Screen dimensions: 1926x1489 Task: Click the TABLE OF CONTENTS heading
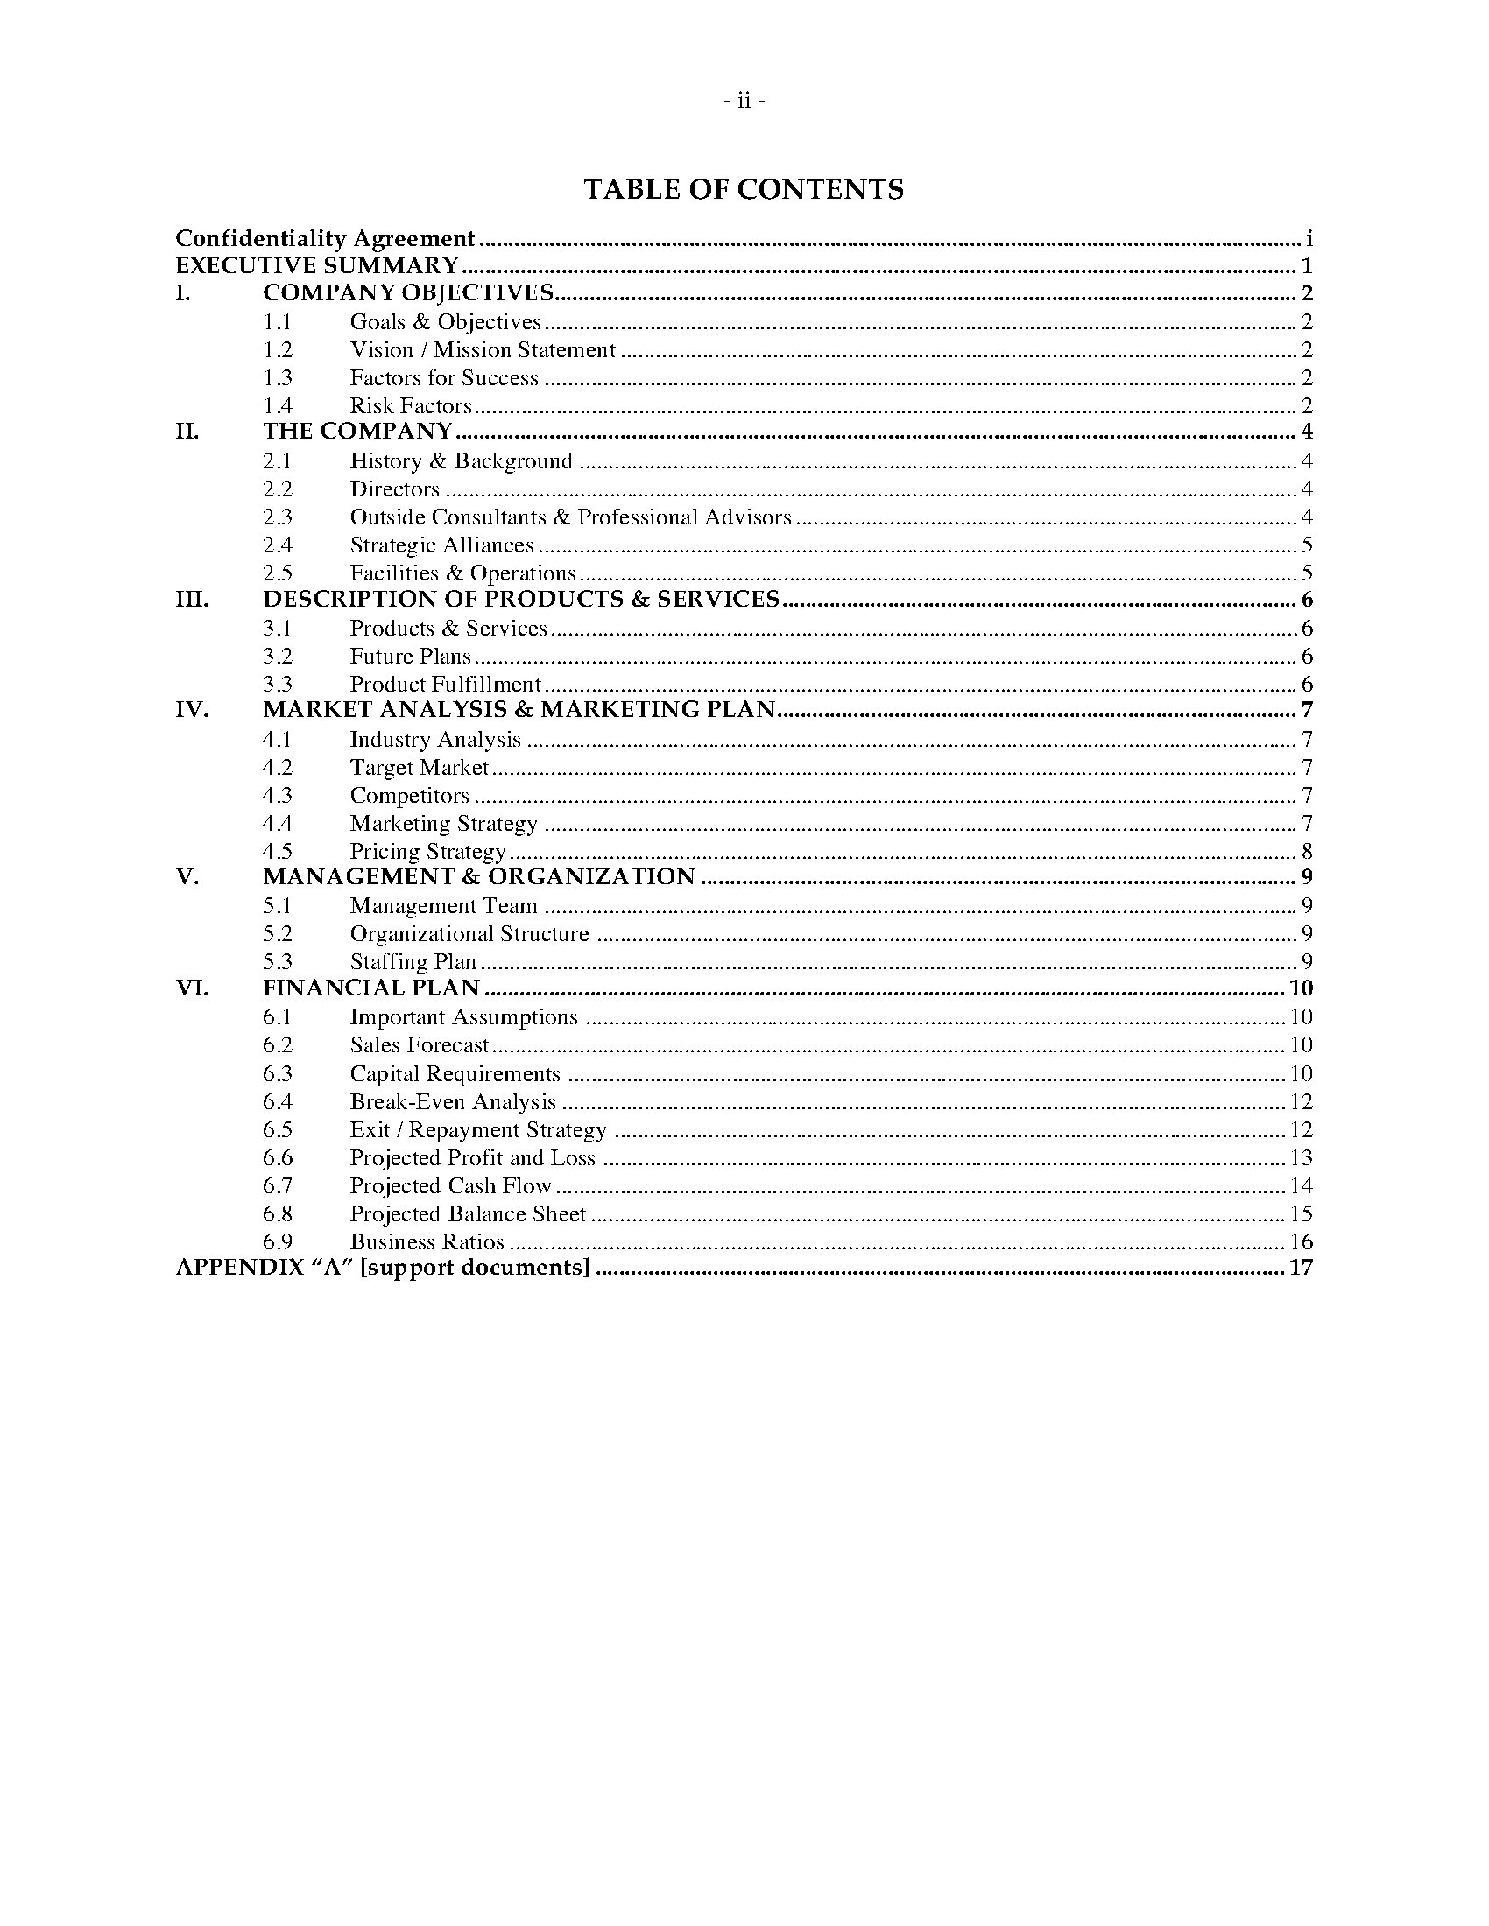(744, 190)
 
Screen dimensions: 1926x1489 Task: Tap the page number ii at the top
(744, 102)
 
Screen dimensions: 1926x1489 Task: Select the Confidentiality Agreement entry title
(326, 239)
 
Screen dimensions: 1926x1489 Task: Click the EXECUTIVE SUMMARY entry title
(318, 266)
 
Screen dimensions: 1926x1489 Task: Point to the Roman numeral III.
(193, 600)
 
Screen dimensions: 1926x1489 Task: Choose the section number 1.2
(277, 350)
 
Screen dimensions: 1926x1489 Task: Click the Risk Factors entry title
(410, 405)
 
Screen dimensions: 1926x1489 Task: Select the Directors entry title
(394, 489)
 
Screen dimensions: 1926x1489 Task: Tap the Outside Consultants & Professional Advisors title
(571, 517)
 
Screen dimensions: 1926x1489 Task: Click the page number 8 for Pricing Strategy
(1307, 851)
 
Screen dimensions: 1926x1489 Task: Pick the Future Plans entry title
(410, 656)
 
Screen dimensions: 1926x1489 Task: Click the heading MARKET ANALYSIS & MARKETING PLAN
(519, 710)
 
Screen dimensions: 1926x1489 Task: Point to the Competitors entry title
(409, 796)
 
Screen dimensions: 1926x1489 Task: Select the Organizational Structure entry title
(469, 934)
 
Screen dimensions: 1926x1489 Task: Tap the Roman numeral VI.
(193, 988)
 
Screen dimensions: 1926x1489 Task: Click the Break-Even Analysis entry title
(453, 1102)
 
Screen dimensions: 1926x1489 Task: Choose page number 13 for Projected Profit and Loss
(1301, 1158)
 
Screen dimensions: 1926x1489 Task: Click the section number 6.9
(277, 1241)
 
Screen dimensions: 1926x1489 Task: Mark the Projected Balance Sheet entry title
(468, 1214)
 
